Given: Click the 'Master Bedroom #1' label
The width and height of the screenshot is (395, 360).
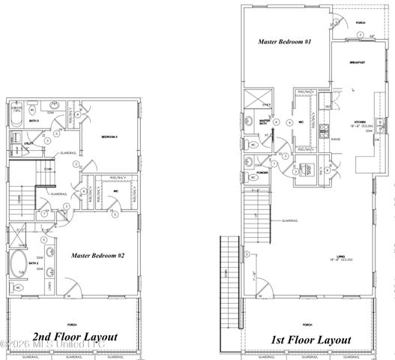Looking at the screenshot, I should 285,42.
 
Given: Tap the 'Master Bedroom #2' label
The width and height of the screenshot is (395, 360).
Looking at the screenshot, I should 97,256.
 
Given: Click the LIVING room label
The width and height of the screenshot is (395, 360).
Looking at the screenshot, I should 342,256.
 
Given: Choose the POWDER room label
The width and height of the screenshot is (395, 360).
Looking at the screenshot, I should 263,172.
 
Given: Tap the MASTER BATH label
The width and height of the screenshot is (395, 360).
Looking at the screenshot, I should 264,122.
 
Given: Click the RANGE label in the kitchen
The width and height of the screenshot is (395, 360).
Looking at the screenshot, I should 337,139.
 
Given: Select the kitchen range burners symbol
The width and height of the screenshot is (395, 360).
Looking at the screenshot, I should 324,132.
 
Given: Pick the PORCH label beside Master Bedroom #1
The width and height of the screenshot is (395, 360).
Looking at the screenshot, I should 361,23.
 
